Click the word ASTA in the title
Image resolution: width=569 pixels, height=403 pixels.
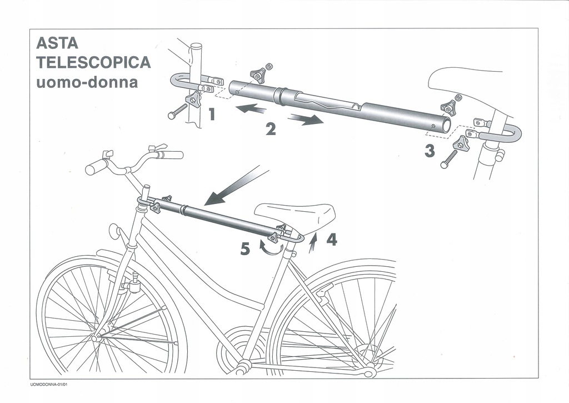tap(57, 43)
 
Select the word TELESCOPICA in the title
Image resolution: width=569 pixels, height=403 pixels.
tap(93, 62)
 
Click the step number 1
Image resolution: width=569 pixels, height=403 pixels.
tap(212, 115)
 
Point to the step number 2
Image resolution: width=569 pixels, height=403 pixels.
tap(270, 129)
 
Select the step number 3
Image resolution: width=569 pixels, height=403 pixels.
tap(430, 151)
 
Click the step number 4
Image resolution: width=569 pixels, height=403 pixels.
tap(331, 240)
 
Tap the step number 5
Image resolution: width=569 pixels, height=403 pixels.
tap(245, 250)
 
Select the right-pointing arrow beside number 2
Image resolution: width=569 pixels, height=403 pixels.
tap(305, 119)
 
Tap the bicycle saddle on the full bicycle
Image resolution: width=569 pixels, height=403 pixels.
tap(295, 213)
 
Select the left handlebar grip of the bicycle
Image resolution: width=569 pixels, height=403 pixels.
tap(97, 166)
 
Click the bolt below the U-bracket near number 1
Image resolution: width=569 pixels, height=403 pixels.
tap(178, 112)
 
